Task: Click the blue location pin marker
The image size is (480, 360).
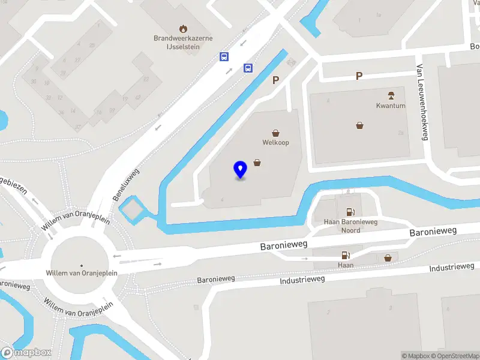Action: coord(241,170)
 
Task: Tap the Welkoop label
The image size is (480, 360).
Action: coord(276,143)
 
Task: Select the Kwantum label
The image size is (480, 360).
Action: coord(391,106)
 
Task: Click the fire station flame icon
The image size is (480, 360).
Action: coord(183,28)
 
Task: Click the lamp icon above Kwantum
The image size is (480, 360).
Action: coord(391,95)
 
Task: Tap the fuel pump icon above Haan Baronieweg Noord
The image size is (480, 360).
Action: coord(350,211)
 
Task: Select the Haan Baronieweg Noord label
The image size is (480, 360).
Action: coord(350,226)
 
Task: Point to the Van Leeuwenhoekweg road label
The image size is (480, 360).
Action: coord(423,103)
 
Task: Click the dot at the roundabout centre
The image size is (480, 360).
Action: coord(82,265)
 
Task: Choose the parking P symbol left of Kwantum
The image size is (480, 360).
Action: coord(359,76)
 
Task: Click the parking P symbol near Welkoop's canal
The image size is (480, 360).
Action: coord(276,80)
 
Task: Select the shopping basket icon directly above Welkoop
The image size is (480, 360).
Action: coord(276,133)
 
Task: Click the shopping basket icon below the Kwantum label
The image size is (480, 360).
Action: coord(359,125)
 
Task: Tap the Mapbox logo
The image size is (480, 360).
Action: coord(25,353)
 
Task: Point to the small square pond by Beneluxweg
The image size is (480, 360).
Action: coord(133,209)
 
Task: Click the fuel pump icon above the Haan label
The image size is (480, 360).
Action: coord(345,255)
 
